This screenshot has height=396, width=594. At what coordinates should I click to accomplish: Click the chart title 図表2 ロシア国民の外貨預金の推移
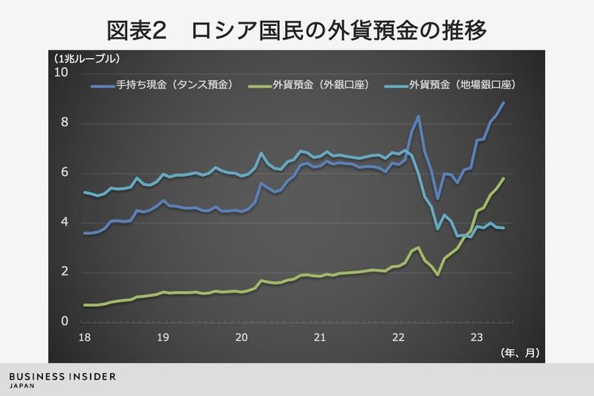coord(297,31)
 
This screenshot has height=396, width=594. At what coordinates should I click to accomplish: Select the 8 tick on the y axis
coord(64,123)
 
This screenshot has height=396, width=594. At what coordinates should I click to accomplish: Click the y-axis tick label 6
coord(64,173)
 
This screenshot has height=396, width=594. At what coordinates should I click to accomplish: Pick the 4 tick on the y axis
coord(64,222)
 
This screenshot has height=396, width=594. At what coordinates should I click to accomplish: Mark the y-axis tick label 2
coord(64,272)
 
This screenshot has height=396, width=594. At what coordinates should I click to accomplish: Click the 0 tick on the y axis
coord(64,322)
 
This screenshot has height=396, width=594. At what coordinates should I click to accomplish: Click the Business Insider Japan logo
coord(62,380)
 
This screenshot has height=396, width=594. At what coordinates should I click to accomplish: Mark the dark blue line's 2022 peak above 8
coord(418,116)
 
